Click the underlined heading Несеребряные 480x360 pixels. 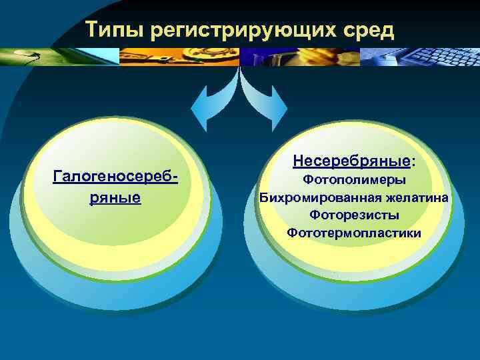351,161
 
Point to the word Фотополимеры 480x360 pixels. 354,180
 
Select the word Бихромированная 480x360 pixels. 311,197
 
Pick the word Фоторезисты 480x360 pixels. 354,215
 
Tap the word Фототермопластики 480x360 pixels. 354,233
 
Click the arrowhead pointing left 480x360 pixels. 200,110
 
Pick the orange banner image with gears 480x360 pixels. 180,57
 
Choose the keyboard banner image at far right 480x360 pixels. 420,57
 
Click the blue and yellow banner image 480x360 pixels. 300,57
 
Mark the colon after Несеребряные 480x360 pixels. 412,161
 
